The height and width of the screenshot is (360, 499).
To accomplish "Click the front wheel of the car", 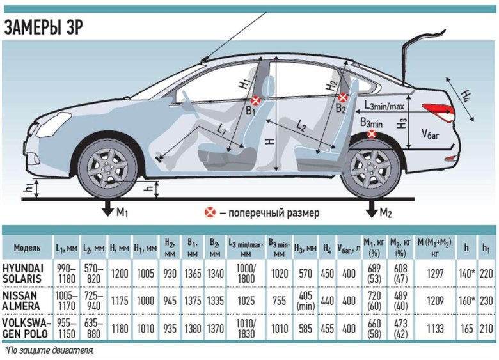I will (107, 168).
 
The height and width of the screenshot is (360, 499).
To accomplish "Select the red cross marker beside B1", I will (255, 100).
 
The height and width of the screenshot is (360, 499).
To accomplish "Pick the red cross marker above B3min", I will (372, 134).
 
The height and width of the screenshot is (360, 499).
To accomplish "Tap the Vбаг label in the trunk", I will (431, 134).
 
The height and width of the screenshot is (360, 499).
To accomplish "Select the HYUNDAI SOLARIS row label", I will (26, 273).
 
